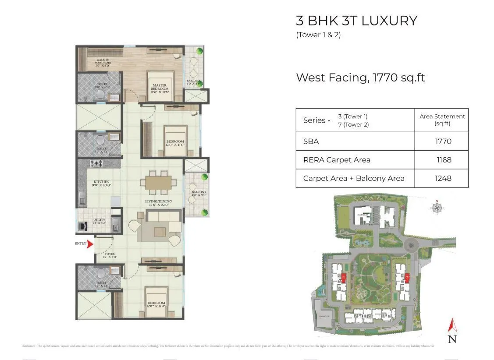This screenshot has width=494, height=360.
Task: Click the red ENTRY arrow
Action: [90, 244]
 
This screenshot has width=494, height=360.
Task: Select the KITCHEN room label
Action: [101, 183]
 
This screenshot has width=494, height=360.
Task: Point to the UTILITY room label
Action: [99, 221]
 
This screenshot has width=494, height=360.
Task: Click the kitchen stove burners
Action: [96, 164]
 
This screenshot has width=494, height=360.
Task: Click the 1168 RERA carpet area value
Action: [444, 160]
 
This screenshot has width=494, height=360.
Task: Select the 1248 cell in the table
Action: [443, 178]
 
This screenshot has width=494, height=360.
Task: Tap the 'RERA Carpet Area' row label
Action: [337, 160]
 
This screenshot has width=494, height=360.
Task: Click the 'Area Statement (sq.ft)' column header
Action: [442, 120]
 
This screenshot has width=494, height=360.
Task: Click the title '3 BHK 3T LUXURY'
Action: [356, 21]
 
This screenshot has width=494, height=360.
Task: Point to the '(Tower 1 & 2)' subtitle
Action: [318, 35]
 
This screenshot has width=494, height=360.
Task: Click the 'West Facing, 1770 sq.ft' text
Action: [360, 78]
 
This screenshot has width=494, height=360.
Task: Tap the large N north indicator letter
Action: [452, 339]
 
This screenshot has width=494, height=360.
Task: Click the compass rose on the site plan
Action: [437, 207]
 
